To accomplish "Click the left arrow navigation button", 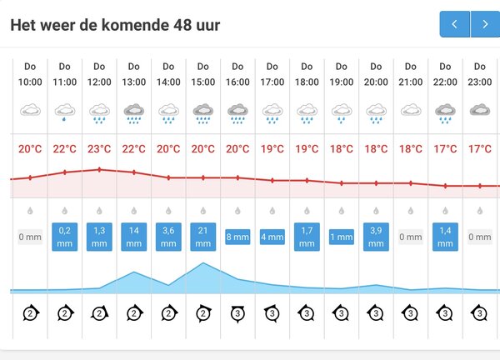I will click(x=454, y=24).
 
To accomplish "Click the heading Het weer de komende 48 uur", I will click(x=115, y=25).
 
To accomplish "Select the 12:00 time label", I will click(x=99, y=82).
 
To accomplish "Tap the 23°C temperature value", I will click(x=99, y=149).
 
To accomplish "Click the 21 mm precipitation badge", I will click(x=202, y=237).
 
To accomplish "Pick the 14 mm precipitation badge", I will click(x=133, y=237).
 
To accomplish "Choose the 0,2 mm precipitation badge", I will click(x=65, y=237).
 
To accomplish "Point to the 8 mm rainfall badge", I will click(x=237, y=237).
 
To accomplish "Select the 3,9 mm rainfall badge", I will click(x=376, y=237).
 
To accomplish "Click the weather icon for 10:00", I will click(x=30, y=111).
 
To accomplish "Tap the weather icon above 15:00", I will click(x=202, y=112).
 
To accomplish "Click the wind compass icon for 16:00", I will click(x=237, y=313).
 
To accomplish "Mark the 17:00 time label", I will click(x=272, y=82).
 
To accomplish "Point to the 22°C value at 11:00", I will click(x=65, y=149).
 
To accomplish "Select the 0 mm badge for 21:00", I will click(x=410, y=237).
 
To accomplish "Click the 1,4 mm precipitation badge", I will click(x=445, y=237).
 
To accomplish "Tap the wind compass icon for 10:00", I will click(x=30, y=313).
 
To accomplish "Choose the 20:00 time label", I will click(x=376, y=82).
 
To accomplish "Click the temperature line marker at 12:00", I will click(x=99, y=169).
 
